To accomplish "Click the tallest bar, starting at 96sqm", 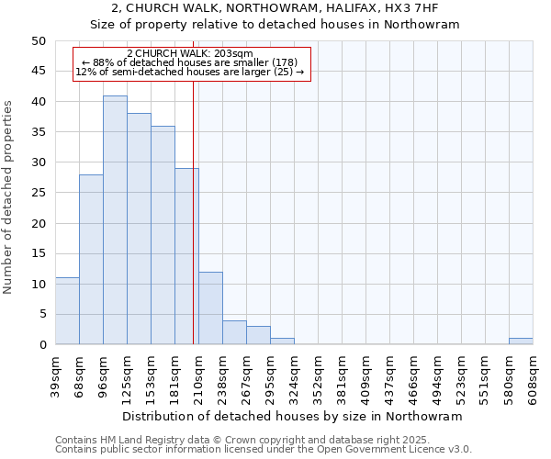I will click(115, 220).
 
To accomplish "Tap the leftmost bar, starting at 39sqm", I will click(67, 311).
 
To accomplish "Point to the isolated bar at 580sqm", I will click(521, 341).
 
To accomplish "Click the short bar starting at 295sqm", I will click(282, 341).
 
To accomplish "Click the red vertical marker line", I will click(194, 229).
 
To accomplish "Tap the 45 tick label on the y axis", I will click(39, 72).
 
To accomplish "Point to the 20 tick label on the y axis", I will click(39, 223).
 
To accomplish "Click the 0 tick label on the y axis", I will click(42, 345).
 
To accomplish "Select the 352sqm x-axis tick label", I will click(318, 375).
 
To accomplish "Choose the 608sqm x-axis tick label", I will click(533, 375).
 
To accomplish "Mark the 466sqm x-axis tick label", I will click(413, 375).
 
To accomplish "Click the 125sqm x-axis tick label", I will click(127, 375).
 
